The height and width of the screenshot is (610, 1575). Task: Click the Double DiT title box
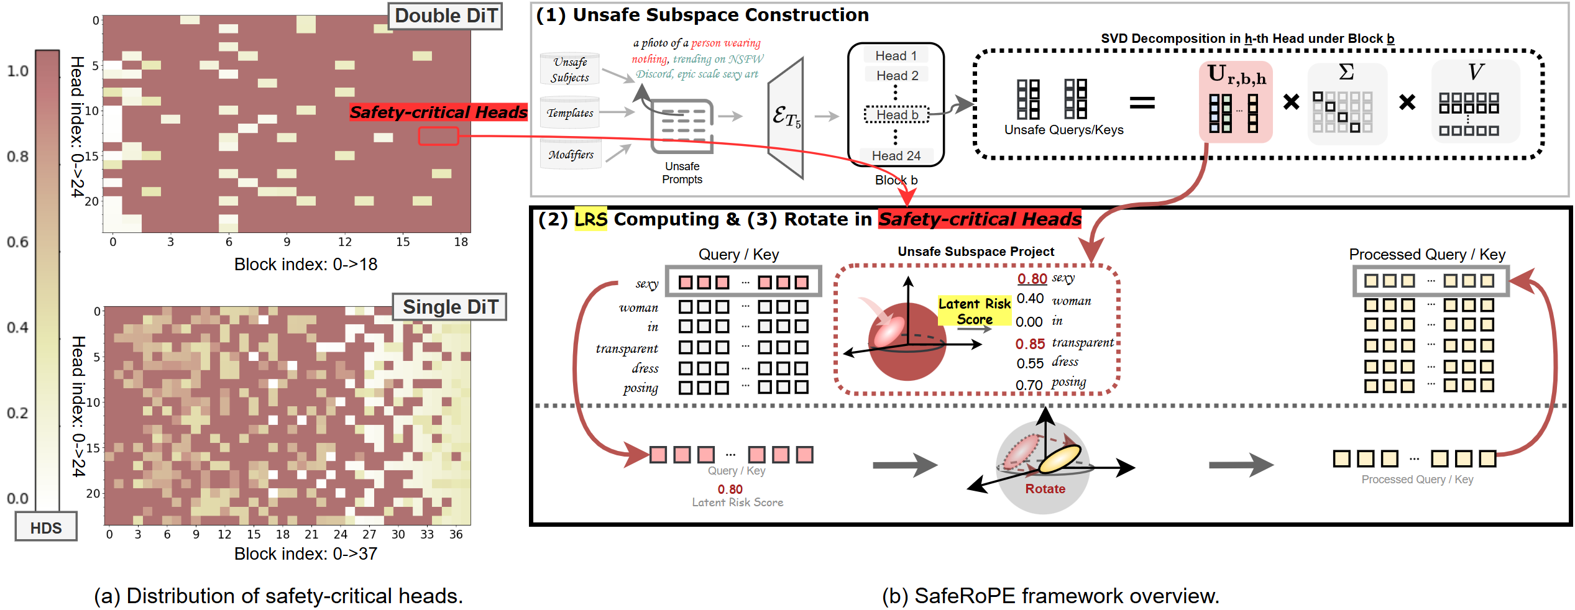tap(445, 16)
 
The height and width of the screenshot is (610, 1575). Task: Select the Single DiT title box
tap(450, 307)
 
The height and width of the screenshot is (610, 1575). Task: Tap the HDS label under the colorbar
tap(46, 527)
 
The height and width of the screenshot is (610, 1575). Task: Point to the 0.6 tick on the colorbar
tap(18, 242)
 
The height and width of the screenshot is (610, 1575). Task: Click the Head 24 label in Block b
tap(896, 156)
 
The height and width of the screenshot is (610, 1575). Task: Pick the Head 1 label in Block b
tap(896, 56)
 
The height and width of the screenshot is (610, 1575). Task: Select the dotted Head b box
tap(896, 115)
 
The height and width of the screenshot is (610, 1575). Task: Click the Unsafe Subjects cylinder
tap(569, 70)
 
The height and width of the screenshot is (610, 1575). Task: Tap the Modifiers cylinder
tap(570, 154)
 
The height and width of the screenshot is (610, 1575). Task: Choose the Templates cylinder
tap(569, 113)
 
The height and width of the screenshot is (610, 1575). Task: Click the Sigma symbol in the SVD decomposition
tap(1346, 73)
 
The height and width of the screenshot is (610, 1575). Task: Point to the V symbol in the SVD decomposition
tap(1476, 73)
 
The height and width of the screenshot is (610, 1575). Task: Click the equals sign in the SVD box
tap(1142, 103)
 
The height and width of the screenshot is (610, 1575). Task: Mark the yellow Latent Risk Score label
tap(974, 311)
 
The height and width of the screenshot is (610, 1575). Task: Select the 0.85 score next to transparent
tap(1030, 344)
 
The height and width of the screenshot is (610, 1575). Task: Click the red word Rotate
tap(1045, 489)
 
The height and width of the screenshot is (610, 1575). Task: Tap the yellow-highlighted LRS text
tap(590, 219)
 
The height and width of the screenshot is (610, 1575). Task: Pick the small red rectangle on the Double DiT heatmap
tap(438, 136)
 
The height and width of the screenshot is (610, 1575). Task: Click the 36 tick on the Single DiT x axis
tap(456, 534)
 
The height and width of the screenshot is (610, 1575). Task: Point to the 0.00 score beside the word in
tap(1029, 322)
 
